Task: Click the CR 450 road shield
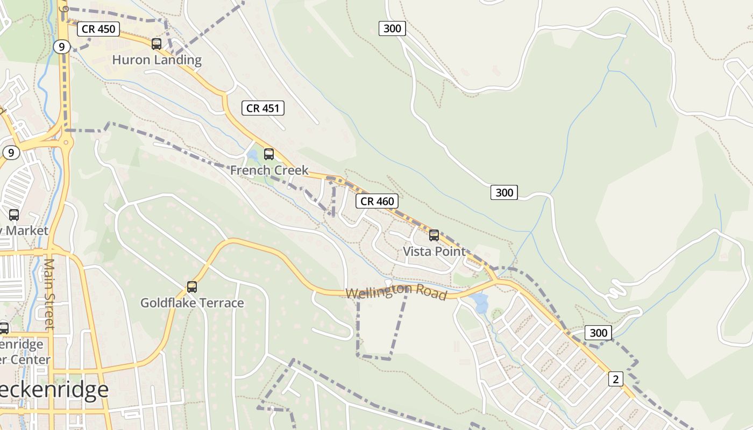click(98, 29)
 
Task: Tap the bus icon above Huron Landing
click(157, 44)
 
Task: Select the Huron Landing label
click(157, 60)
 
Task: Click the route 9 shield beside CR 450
click(62, 47)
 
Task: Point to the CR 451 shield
click(262, 108)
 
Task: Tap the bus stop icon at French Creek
click(269, 154)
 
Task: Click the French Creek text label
click(269, 170)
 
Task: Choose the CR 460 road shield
click(377, 201)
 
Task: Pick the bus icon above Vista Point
click(434, 235)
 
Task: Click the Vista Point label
click(434, 251)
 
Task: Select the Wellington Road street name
click(396, 292)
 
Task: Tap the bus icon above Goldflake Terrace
click(192, 286)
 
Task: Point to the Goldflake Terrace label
click(192, 303)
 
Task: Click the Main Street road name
click(49, 293)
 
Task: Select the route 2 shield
click(615, 379)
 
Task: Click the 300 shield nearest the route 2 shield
click(598, 333)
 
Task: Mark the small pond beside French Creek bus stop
click(252, 156)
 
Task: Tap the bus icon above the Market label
click(14, 215)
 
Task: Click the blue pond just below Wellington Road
click(480, 302)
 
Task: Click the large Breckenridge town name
click(54, 390)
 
